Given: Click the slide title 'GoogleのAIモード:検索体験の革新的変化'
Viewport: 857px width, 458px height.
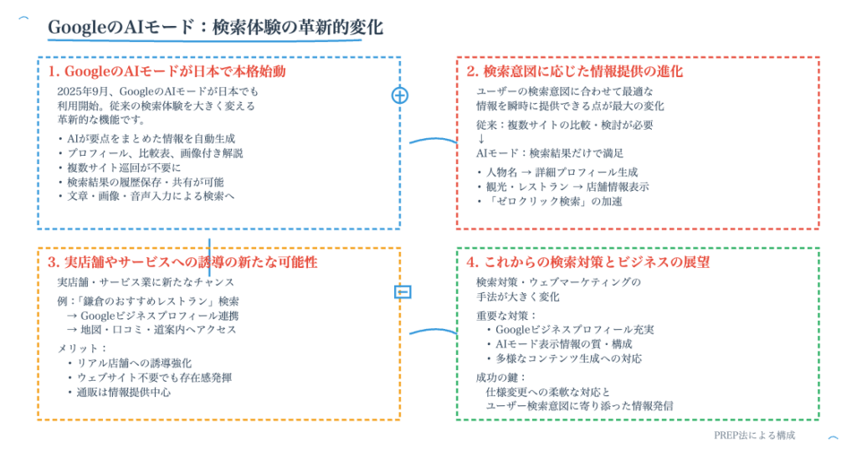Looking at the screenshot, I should tap(215, 28).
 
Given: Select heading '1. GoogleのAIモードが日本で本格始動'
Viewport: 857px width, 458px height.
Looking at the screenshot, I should tap(172, 71).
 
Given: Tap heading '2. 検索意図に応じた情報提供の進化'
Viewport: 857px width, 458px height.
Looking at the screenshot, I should tap(574, 71).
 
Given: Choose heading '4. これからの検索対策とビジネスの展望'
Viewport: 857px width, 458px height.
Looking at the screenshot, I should tap(588, 262).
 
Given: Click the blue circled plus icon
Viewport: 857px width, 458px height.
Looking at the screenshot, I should tap(400, 95).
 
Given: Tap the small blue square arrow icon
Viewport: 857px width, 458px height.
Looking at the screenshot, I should tap(403, 291).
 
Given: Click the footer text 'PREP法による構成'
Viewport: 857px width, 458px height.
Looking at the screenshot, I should tap(750, 435).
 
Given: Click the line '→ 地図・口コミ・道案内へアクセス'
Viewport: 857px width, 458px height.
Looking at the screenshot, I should tap(151, 330).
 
